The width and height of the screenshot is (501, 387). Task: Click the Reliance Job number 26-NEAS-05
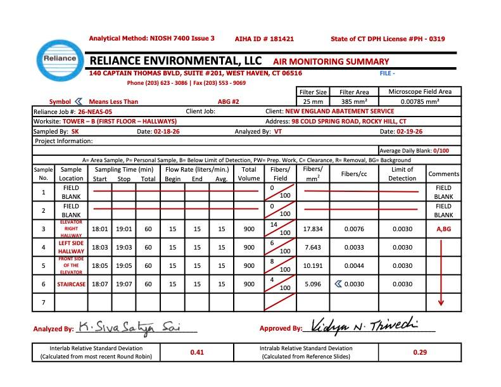coord(96,111)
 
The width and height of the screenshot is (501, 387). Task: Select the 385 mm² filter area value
coord(354,101)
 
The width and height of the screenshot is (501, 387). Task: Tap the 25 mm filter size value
coord(313,101)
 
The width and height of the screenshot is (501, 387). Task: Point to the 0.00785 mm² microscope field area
coord(420,101)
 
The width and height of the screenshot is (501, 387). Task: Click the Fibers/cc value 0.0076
coord(354,229)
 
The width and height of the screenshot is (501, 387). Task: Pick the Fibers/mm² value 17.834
coord(313,229)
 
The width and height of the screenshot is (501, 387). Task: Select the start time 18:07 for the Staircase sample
coord(99,284)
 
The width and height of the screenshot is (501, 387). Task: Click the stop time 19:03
coord(124,248)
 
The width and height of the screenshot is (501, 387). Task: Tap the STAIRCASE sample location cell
coord(71,284)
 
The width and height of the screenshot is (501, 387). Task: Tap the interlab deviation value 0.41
coord(196,352)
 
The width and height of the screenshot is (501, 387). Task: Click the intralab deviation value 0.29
coord(419,352)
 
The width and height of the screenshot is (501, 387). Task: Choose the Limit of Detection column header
coord(402,174)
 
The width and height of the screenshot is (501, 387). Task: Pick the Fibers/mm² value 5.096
coord(313,284)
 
